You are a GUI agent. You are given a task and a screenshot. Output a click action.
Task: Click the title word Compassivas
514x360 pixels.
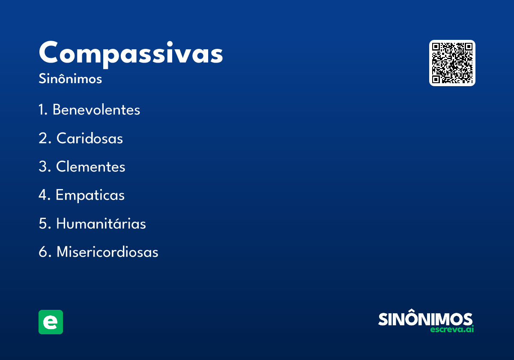coord(131,54)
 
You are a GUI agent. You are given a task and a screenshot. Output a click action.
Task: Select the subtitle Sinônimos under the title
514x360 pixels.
coord(70,79)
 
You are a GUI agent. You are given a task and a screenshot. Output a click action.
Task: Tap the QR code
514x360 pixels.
coord(452,63)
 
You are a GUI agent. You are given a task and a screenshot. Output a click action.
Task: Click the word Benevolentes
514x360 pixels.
coord(96,110)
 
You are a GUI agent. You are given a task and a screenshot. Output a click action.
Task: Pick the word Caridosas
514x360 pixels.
coord(90,138)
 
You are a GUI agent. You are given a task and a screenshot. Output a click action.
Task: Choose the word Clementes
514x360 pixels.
coord(91,167)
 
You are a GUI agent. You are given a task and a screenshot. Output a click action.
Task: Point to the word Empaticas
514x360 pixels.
coord(90,195)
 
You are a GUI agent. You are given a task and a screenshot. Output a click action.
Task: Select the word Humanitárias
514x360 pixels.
coord(101,224)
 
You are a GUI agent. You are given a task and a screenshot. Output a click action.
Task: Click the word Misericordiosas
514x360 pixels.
coord(107,252)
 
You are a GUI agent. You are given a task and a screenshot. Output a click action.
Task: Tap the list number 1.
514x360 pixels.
coord(42,110)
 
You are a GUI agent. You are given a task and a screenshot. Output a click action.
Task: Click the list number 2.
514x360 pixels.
coord(43,138)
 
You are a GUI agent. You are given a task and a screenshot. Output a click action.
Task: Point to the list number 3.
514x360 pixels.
coord(43,167)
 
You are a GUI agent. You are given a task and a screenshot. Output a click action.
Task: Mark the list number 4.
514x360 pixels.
coord(43,195)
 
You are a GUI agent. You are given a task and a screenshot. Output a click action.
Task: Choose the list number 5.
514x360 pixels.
coord(43,224)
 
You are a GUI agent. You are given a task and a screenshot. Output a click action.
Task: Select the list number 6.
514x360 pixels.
coord(43,252)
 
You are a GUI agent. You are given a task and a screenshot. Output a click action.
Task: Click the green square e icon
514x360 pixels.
coord(51,322)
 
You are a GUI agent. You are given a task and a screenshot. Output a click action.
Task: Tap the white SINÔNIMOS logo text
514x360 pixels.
coord(425,319)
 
